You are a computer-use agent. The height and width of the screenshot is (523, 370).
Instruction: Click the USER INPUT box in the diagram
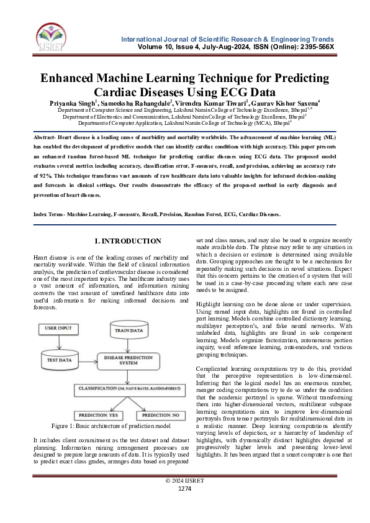[58, 327]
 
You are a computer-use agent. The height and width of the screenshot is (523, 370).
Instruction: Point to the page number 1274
[185, 506]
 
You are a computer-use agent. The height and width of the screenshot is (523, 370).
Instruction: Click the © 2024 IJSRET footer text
[185, 498]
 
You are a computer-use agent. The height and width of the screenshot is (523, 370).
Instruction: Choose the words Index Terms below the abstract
[48, 214]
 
